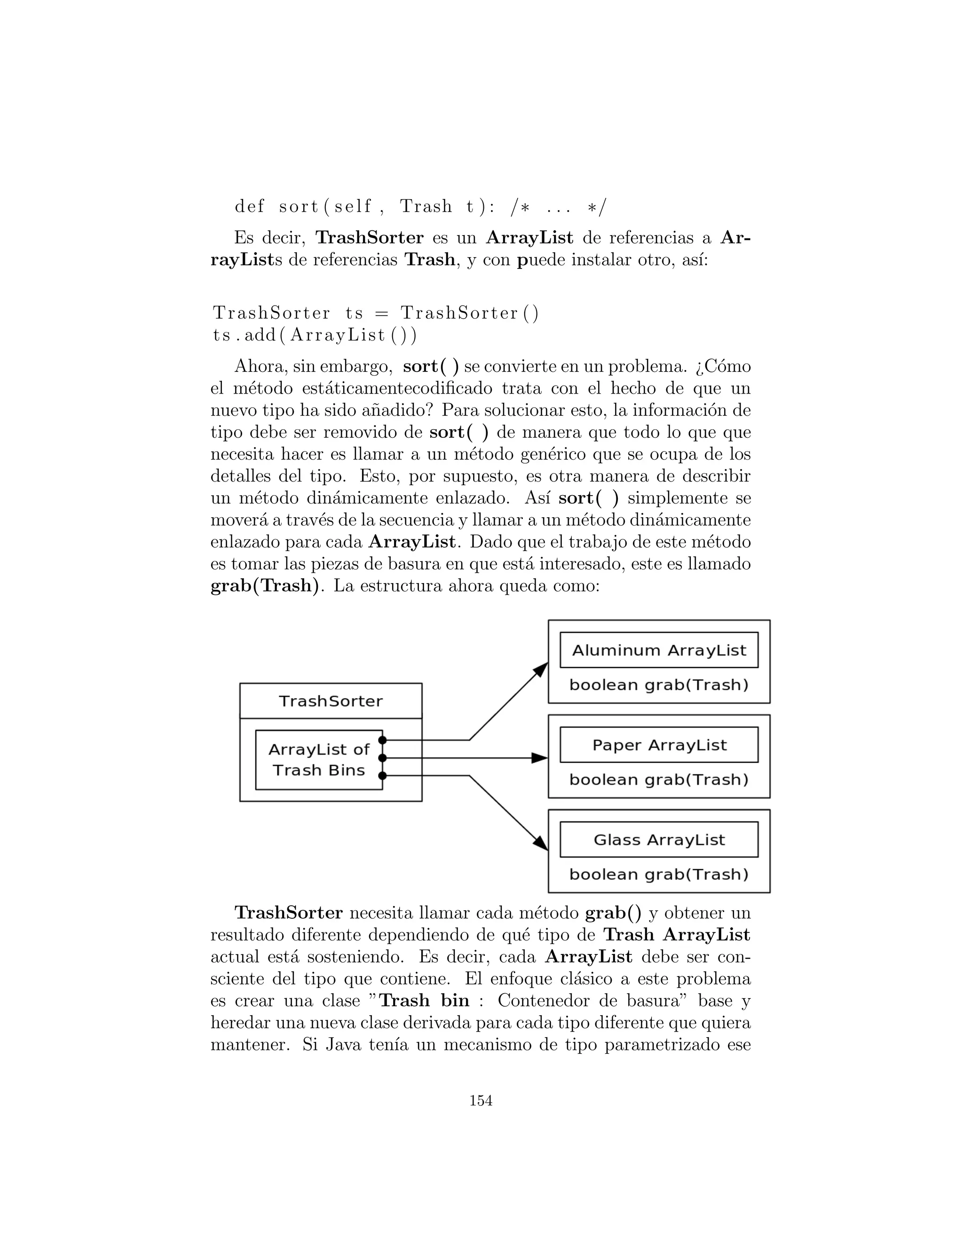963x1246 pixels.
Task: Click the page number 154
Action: [481, 1101]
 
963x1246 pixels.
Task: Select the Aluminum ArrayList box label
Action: [659, 650]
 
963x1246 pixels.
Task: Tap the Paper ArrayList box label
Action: [659, 745]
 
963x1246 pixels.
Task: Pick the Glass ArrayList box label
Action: [659, 840]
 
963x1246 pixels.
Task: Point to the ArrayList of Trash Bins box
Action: [318, 760]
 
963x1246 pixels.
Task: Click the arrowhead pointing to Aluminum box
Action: [540, 670]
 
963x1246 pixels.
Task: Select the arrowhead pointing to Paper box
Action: [539, 758]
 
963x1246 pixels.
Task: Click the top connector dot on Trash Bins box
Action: [382, 740]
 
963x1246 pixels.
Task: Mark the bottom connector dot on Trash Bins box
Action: [382, 776]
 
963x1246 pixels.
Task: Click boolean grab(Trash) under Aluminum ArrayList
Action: [659, 685]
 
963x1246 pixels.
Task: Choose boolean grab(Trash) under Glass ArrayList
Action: [659, 875]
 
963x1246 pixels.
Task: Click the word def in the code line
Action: [249, 206]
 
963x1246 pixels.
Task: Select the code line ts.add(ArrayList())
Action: [315, 335]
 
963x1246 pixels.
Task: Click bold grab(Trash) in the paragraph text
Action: [264, 586]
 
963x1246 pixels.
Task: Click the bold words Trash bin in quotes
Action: [425, 1000]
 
